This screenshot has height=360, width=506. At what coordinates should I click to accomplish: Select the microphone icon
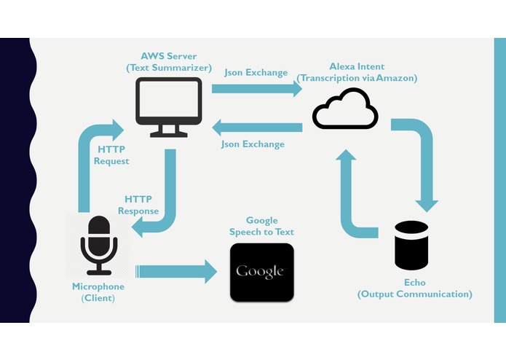(99, 246)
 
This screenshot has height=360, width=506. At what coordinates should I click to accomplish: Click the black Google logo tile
(261, 272)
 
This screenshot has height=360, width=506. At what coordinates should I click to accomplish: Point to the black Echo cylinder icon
(411, 246)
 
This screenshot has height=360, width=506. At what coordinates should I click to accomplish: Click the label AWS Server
(168, 56)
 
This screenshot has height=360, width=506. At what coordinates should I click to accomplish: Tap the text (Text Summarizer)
(169, 68)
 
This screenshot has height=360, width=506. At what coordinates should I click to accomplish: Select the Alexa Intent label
(357, 66)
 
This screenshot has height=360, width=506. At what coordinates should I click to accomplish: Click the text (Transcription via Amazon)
(357, 78)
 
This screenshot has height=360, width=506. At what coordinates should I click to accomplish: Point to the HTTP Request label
(111, 155)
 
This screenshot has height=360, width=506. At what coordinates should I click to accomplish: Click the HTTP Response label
(138, 205)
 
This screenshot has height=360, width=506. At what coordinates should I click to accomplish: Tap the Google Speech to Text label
(261, 226)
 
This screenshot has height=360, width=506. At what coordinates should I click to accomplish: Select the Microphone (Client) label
(98, 292)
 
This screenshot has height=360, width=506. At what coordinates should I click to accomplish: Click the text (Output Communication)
(415, 294)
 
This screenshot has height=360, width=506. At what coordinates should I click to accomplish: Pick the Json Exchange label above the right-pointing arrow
(256, 72)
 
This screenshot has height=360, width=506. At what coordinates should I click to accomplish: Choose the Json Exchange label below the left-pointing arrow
(253, 144)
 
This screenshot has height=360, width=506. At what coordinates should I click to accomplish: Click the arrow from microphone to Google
(176, 272)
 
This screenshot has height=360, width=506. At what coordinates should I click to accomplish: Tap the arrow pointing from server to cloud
(257, 89)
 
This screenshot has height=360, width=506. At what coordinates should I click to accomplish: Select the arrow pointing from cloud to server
(257, 128)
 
